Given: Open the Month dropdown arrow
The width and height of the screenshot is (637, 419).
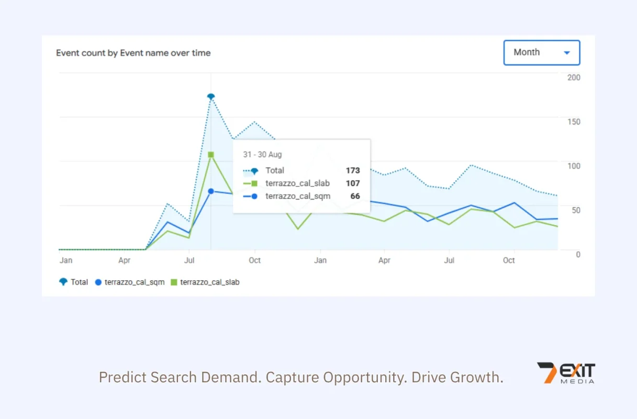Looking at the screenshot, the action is click(x=567, y=53).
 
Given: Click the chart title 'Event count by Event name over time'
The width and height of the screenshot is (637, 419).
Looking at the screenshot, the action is click(x=133, y=53).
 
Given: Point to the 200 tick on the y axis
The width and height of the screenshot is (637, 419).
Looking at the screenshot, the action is click(x=574, y=78).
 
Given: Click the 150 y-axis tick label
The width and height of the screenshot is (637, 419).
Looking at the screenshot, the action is click(x=574, y=122).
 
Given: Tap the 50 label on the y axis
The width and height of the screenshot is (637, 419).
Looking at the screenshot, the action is click(x=576, y=211).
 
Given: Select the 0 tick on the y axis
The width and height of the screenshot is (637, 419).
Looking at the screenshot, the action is click(x=578, y=255).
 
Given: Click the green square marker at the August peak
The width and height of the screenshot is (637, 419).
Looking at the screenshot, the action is click(x=211, y=155).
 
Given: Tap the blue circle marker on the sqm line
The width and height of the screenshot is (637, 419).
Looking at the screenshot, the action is click(x=211, y=191).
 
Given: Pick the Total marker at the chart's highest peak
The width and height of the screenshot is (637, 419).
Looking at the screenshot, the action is click(x=211, y=97).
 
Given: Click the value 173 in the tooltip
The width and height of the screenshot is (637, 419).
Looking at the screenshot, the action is click(x=353, y=170).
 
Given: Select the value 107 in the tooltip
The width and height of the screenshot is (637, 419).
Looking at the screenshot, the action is click(x=353, y=183).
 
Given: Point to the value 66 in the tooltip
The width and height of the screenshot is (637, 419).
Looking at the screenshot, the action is click(x=355, y=196).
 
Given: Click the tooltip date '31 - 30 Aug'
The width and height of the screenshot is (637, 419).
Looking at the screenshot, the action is click(x=262, y=155).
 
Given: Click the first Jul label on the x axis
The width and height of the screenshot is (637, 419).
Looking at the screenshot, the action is click(x=189, y=260).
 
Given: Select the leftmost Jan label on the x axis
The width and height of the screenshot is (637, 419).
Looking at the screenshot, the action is click(x=66, y=260).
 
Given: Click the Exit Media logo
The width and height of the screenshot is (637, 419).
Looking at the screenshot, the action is click(x=566, y=373).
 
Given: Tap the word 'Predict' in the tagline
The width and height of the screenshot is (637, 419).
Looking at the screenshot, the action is click(x=123, y=377).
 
